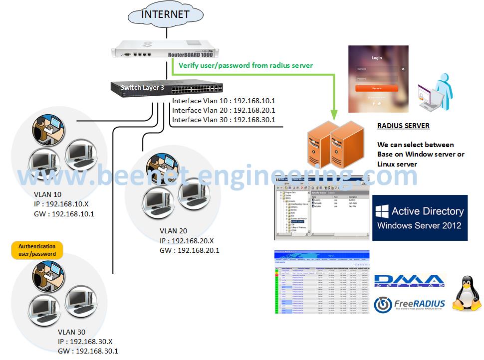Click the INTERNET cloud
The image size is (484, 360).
tap(166, 15)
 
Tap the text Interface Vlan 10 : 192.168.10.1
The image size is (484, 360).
tap(224, 101)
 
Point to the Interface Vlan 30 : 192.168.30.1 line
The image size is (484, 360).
tap(224, 120)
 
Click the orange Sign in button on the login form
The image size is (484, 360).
tap(377, 88)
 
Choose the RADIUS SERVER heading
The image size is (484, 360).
tap(403, 126)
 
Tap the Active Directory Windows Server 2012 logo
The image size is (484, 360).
tap(420, 218)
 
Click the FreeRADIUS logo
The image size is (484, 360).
tap(409, 304)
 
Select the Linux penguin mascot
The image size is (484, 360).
tap(466, 294)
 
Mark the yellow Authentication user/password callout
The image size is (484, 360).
tap(37, 250)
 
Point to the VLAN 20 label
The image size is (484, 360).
tap(174, 231)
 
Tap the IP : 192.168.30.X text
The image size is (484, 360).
tap(85, 342)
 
